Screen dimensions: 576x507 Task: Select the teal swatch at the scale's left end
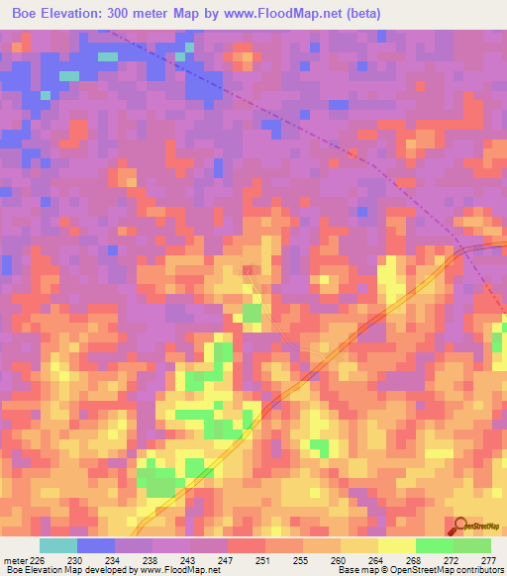57,545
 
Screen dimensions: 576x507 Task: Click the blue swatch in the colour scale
95,545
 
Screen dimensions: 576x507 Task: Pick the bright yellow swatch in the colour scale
396,545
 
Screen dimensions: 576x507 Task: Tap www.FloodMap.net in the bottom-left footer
176,570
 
